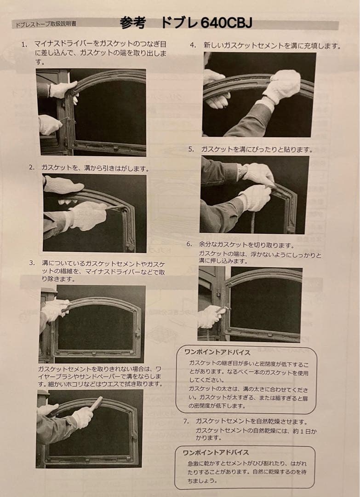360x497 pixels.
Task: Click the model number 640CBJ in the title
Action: [227, 23]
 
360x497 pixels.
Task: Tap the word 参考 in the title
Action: [133, 23]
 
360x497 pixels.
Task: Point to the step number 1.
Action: [24, 44]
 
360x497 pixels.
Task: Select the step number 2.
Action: [31, 168]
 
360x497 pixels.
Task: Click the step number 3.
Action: [32, 263]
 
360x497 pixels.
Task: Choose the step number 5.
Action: [191, 149]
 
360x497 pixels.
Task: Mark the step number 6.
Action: [189, 244]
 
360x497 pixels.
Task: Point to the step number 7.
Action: [187, 422]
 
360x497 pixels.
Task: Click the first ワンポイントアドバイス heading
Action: [217, 353]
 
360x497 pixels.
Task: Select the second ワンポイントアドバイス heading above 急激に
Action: [216, 452]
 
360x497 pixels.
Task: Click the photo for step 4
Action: [259, 94]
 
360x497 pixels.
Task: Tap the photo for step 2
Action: [95, 213]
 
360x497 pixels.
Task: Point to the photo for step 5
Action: [255, 195]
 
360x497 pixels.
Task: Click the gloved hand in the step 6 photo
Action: [210, 316]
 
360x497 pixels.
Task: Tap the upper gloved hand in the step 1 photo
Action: [63, 90]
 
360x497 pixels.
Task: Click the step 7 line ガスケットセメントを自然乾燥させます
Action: [251, 422]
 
